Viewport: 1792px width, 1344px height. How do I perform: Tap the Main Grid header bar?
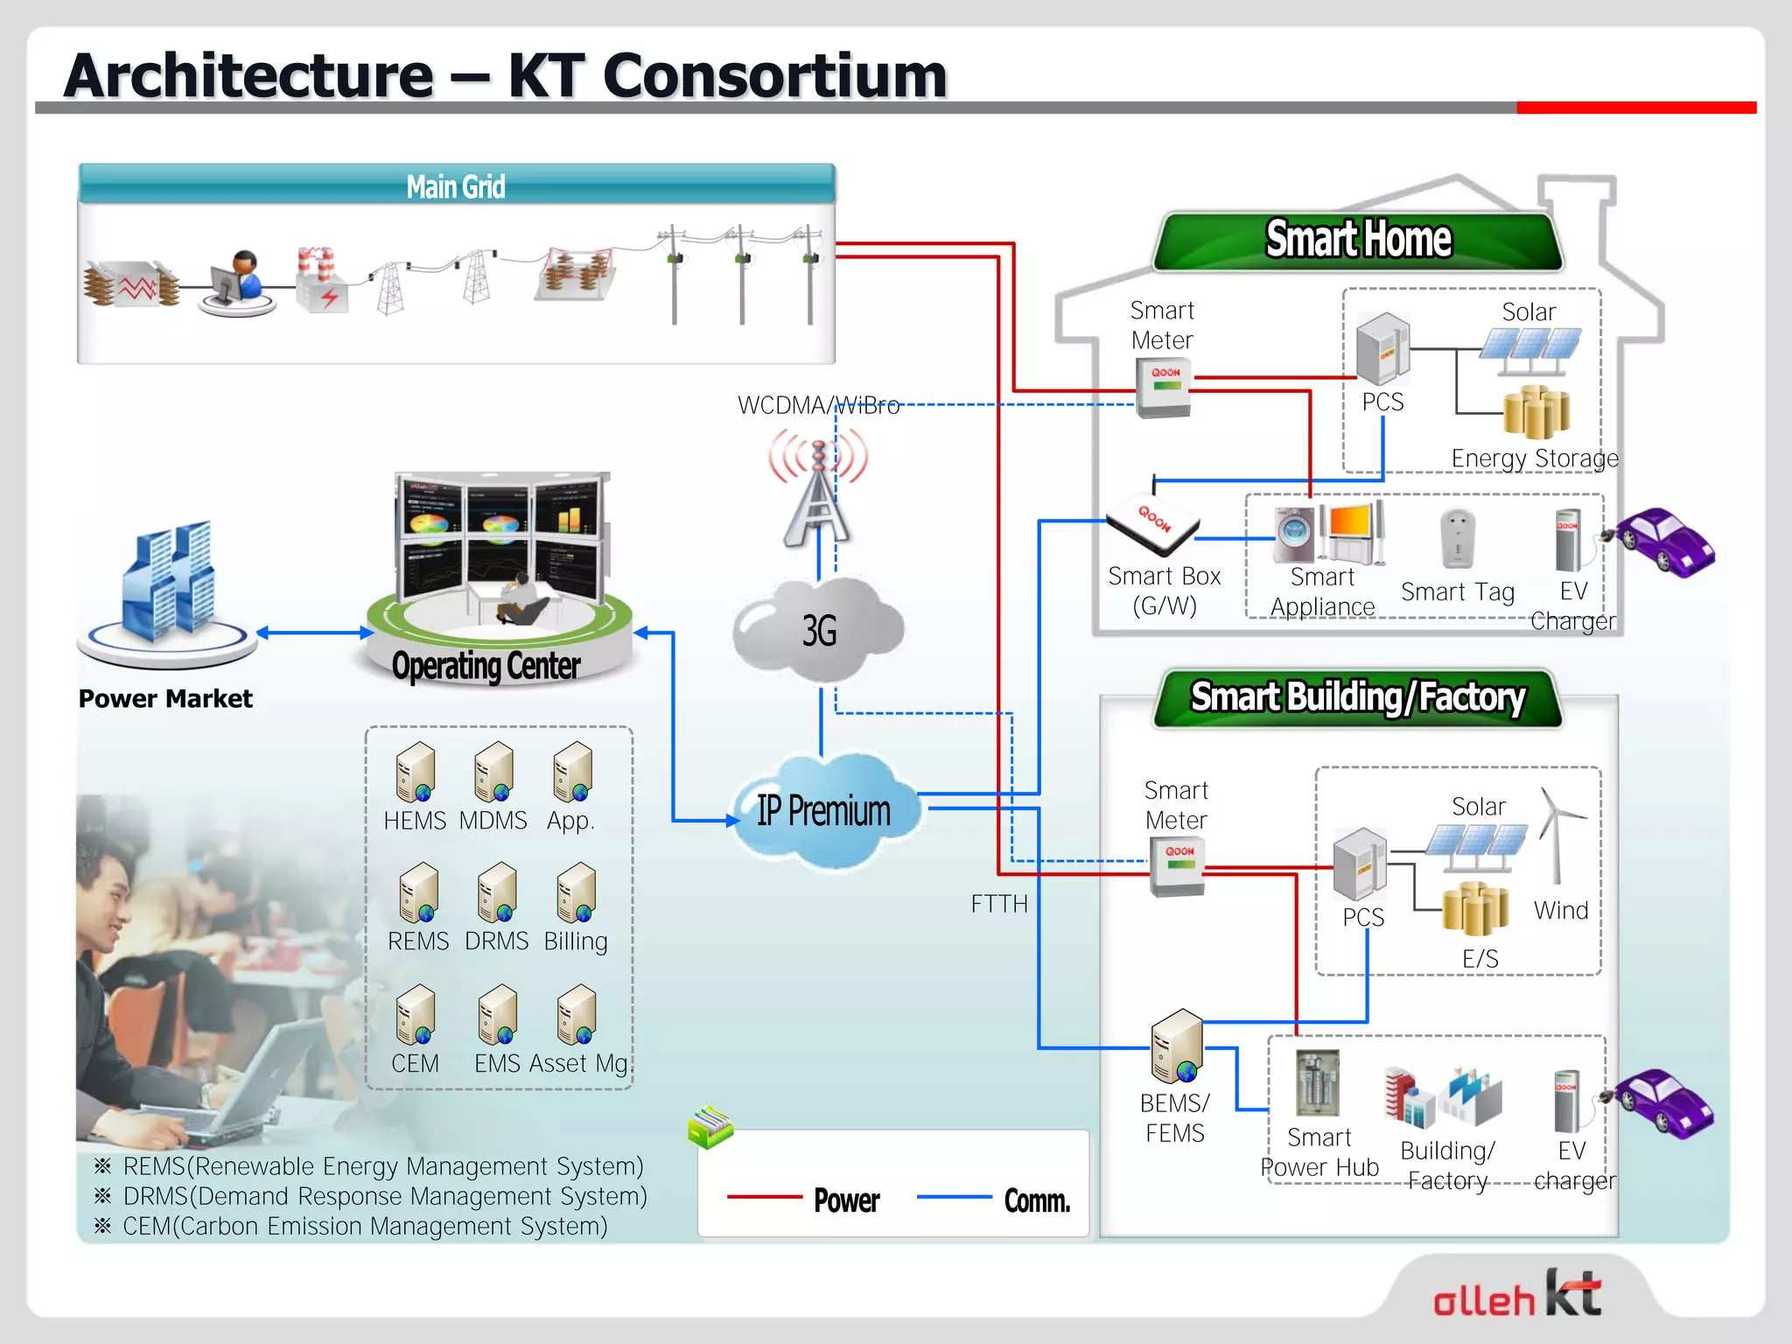(x=456, y=185)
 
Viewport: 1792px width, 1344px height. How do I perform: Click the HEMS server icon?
(x=416, y=773)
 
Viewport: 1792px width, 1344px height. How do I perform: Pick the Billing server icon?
(x=576, y=893)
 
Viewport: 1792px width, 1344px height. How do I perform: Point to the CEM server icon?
(x=416, y=1015)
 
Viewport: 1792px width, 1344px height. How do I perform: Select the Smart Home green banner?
(x=1357, y=241)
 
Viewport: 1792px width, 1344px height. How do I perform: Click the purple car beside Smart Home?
(x=1664, y=542)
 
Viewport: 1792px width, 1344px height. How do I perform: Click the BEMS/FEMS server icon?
(x=1177, y=1046)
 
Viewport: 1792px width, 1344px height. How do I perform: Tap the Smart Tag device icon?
(x=1457, y=539)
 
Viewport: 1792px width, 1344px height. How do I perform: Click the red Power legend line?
(x=764, y=1197)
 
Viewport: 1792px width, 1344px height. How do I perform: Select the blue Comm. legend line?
(x=954, y=1197)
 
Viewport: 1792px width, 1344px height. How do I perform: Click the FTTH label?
(x=999, y=904)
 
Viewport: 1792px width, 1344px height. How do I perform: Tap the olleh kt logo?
(x=1518, y=1296)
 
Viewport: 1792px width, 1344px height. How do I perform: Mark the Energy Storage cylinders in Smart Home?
(x=1536, y=411)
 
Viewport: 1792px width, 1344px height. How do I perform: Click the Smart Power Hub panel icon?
(x=1318, y=1083)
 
